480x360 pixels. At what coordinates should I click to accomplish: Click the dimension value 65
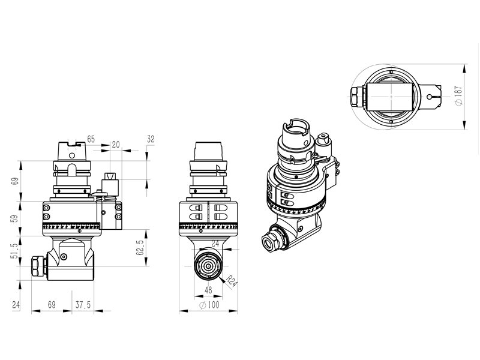91,139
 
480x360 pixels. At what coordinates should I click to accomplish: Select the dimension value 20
115,145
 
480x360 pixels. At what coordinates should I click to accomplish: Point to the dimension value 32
151,139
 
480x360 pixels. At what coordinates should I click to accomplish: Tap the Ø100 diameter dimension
209,305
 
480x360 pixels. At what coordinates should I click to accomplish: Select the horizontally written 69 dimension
52,305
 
